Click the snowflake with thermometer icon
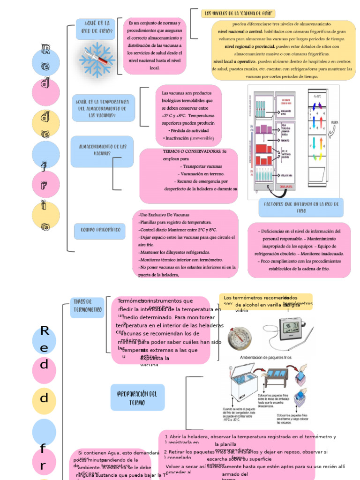(x=97, y=60)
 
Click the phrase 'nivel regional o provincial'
(x=250, y=46)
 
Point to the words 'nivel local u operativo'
(x=234, y=61)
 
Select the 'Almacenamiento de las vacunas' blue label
(x=102, y=150)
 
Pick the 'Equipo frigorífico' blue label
(x=100, y=230)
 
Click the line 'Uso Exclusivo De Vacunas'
(x=164, y=215)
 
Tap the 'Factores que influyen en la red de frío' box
(x=301, y=207)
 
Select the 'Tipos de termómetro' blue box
(x=87, y=307)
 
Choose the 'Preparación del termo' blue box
(x=137, y=397)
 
